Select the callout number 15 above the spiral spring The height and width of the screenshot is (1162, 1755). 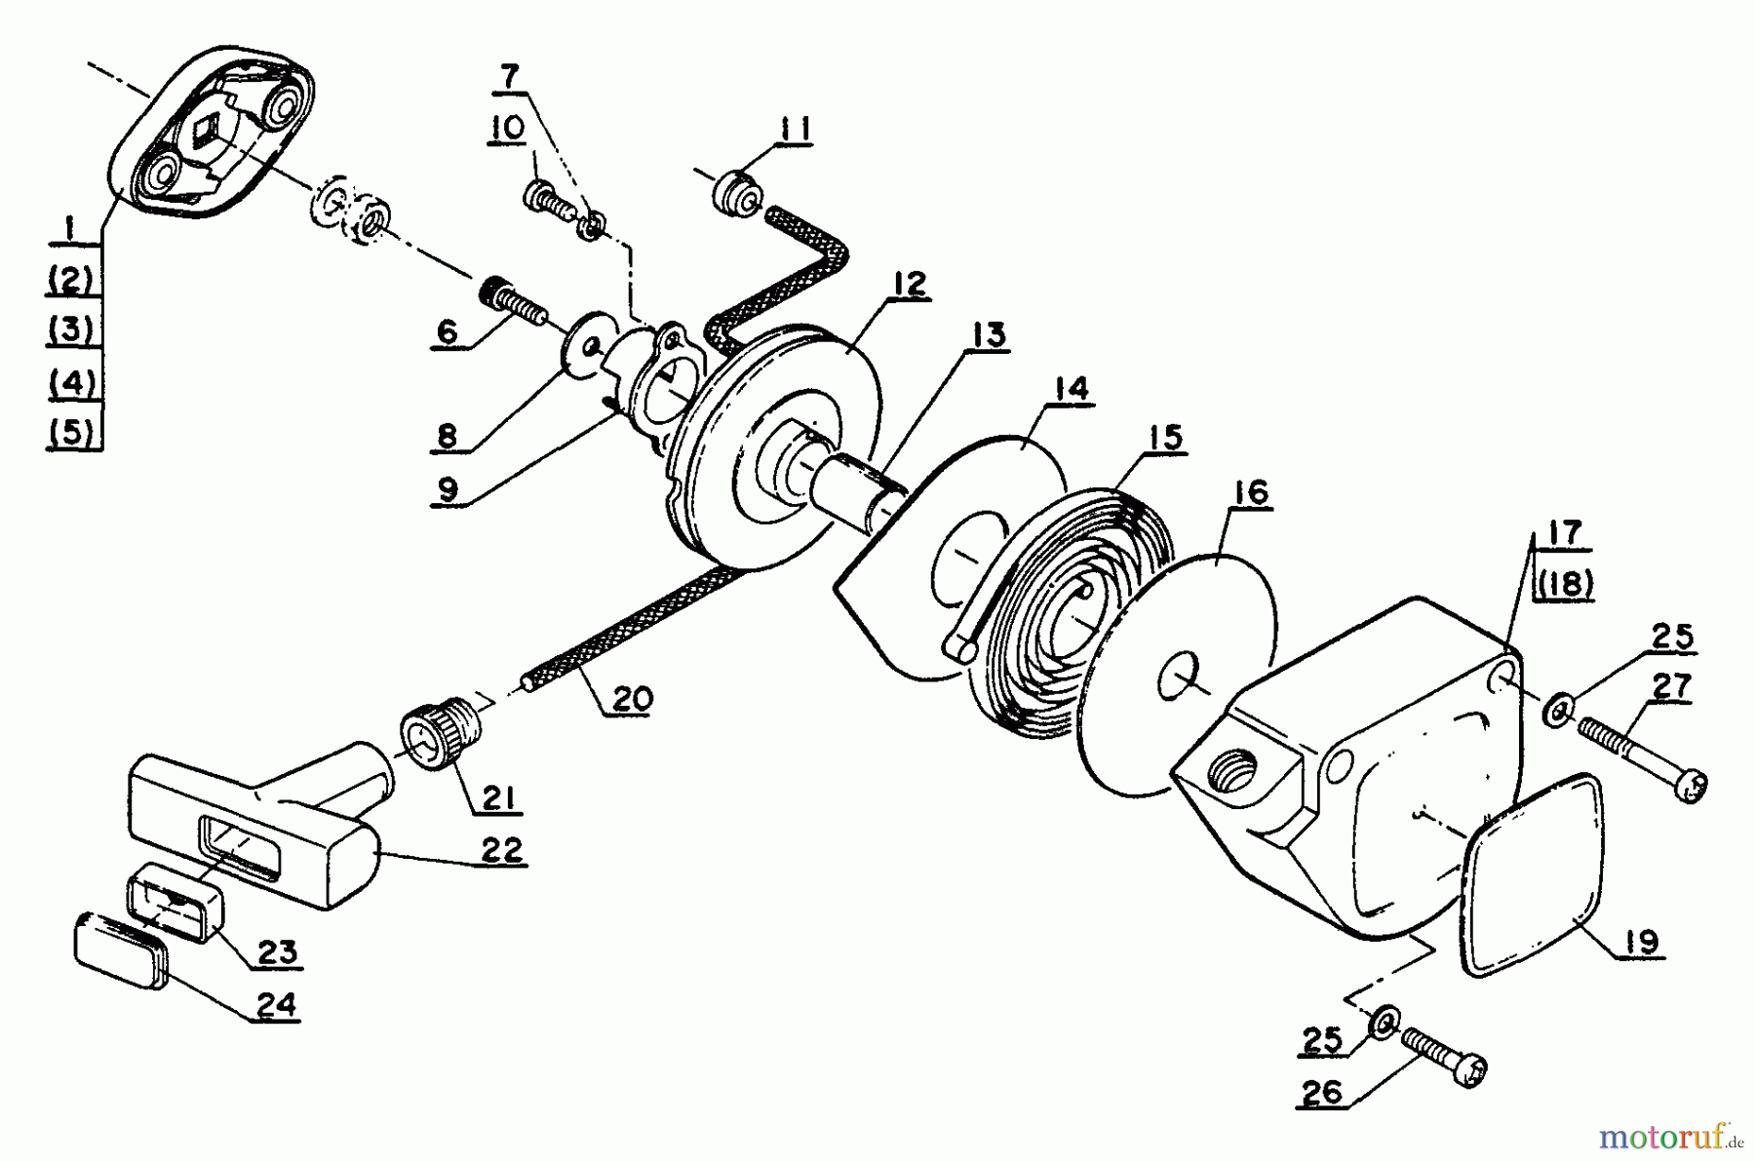point(1165,438)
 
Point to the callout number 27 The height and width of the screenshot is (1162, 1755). point(1671,686)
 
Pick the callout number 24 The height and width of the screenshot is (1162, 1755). point(276,1004)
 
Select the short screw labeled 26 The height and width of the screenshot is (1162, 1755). point(1444,1058)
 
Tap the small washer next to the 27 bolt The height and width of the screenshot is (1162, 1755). point(1556,710)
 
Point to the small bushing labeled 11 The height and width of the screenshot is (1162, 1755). point(738,191)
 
